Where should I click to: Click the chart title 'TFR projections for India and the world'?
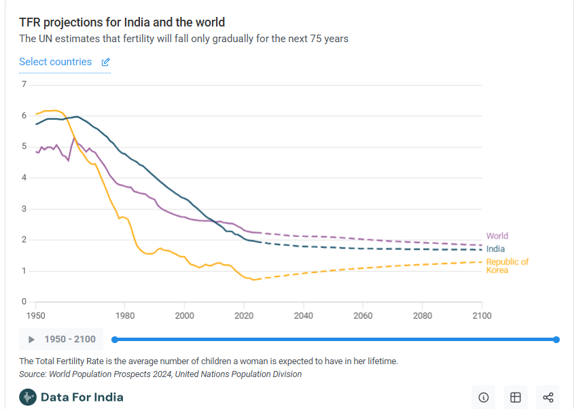click(x=122, y=23)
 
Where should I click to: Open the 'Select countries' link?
click(x=55, y=62)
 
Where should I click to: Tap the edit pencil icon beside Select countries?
click(x=105, y=63)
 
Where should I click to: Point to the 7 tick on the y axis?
click(x=24, y=84)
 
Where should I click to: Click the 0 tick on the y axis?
click(x=24, y=302)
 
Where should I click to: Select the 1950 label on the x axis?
click(x=36, y=316)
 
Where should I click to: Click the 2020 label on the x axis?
click(x=244, y=316)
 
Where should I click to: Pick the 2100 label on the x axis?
click(x=482, y=316)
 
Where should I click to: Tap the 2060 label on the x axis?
click(x=363, y=316)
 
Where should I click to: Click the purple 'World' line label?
click(x=497, y=236)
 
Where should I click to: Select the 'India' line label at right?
click(x=496, y=249)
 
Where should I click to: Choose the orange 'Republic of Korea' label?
click(x=507, y=266)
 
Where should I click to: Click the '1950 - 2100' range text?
click(x=70, y=339)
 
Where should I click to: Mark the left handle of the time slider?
click(x=115, y=339)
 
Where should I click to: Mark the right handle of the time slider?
click(x=556, y=339)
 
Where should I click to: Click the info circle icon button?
click(x=484, y=397)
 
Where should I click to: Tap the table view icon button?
click(x=516, y=397)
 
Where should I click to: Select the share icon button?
click(x=548, y=397)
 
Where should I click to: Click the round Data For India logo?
click(x=28, y=397)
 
